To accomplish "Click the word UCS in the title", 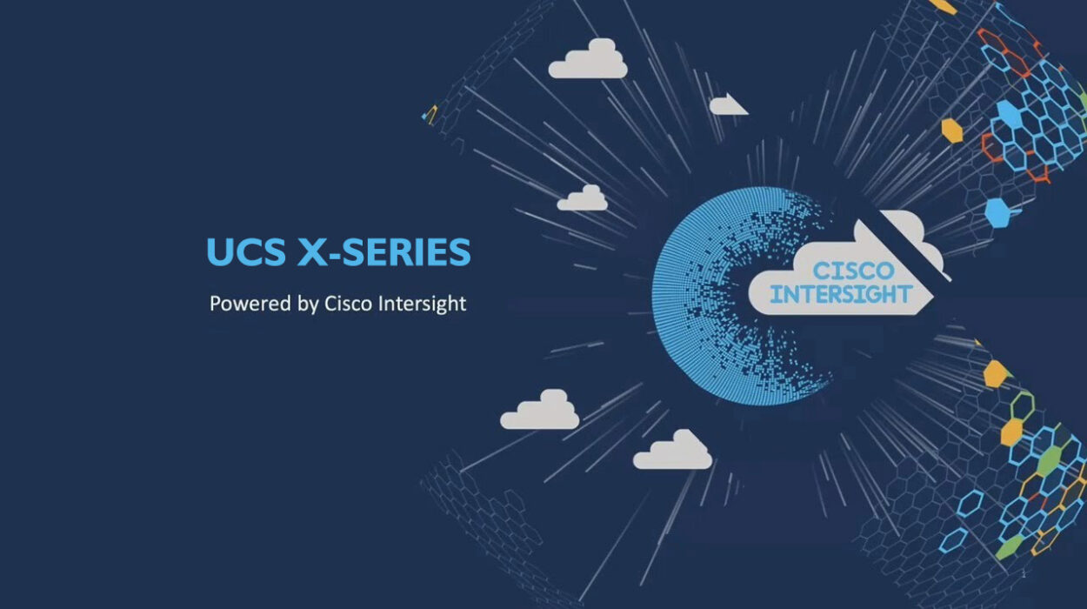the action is (x=246, y=251).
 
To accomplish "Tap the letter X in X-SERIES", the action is (x=313, y=251).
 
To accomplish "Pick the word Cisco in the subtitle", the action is (x=349, y=304).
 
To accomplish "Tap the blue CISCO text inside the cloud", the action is (x=854, y=271).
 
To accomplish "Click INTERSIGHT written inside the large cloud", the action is (x=842, y=294).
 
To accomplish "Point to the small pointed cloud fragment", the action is (x=727, y=104).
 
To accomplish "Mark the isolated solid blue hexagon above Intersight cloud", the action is (x=997, y=212).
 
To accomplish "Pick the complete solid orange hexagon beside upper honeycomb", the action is (x=952, y=130).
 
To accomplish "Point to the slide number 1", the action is (x=1024, y=574).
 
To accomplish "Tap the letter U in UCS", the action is (x=219, y=251).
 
